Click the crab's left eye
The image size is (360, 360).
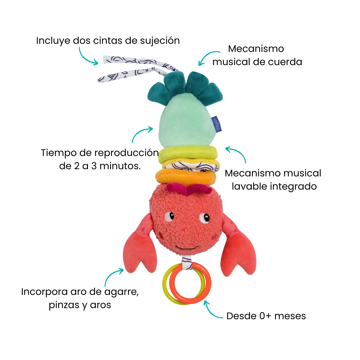pyautogui.click(x=169, y=217)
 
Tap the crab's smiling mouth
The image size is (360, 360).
pyautogui.click(x=187, y=248)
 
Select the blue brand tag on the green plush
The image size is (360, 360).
pyautogui.click(x=217, y=124)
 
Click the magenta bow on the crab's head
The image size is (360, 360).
pyautogui.click(x=189, y=189)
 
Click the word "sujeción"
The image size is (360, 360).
pyautogui.click(x=160, y=41)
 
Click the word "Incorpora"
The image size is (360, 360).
pyautogui.click(x=44, y=292)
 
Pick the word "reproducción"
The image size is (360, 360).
pyautogui.click(x=127, y=153)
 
